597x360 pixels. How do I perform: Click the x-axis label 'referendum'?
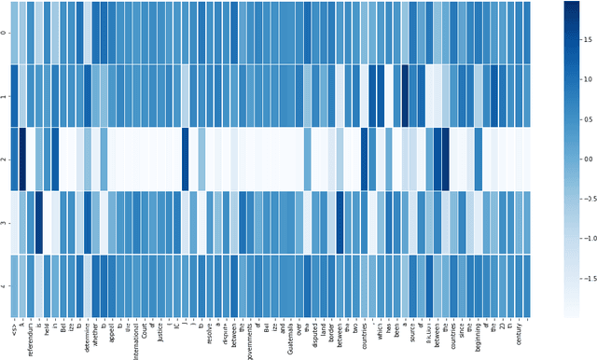[x=31, y=336]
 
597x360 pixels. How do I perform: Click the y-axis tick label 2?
[x=5, y=159]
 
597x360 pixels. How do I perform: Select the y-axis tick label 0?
[x=5, y=33]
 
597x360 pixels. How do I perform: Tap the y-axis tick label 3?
[x=5, y=222]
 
